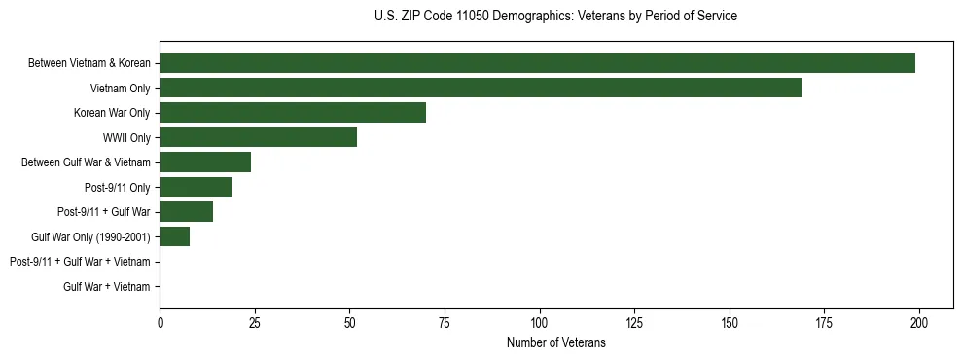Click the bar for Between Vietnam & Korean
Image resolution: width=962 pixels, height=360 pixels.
coord(537,63)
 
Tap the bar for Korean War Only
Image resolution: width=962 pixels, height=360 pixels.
coord(293,113)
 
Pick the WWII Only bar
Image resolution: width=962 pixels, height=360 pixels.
coord(258,137)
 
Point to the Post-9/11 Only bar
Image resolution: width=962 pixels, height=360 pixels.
coord(196,187)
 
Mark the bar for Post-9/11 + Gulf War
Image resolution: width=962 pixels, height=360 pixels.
coord(186,212)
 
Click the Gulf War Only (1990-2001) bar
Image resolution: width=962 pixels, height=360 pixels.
coord(175,236)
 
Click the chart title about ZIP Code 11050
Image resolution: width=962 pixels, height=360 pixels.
coord(555,17)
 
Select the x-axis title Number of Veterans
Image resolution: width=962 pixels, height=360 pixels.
coord(555,343)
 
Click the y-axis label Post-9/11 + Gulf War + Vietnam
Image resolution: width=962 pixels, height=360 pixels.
coord(80,262)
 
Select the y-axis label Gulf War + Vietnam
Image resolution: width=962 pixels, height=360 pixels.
coord(107,286)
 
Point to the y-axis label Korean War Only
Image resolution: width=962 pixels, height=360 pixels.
coord(112,113)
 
